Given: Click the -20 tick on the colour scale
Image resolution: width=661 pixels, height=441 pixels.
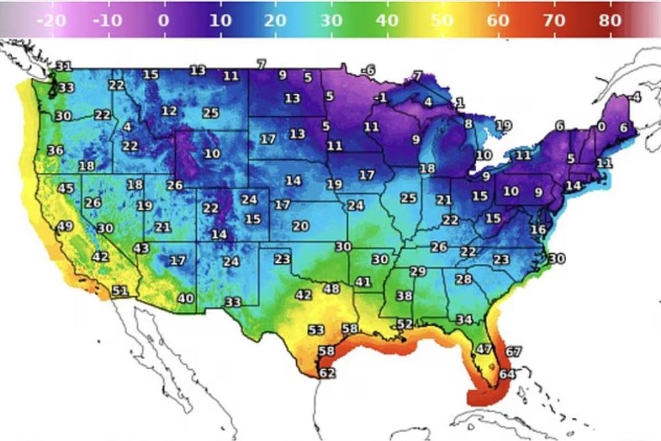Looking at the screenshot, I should pos(52,20).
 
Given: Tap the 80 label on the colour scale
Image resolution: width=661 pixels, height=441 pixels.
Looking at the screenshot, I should pos(609,20).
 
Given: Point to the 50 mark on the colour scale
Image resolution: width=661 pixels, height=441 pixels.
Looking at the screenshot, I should pos(442,20).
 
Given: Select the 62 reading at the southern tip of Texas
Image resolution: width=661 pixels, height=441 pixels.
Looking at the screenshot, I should pos(327,373).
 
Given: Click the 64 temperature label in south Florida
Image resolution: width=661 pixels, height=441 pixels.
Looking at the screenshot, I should pos(507,373).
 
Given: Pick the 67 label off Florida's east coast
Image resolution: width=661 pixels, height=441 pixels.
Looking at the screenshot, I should pos(513,352).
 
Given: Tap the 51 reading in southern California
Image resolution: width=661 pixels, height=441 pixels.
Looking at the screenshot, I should pos(120,291).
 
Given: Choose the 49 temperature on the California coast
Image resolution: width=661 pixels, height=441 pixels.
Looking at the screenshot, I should pos(65,226).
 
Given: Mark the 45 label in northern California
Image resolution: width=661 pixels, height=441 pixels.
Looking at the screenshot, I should pos(66,189).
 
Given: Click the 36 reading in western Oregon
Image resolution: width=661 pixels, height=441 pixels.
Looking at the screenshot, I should pos(56,150).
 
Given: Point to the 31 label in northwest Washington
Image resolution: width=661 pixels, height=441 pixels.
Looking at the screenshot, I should pos(63,66).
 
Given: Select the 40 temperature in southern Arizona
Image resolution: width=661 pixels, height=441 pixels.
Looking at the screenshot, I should pos(185,298).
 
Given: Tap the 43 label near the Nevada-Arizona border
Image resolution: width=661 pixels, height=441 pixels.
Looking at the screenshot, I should pos(141,249).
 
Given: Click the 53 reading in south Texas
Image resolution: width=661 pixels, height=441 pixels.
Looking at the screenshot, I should pos(316,330).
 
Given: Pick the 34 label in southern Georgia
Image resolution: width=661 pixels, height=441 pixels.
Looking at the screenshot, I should pos(464,319).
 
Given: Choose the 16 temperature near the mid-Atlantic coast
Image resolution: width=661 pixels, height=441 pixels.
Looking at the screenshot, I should pos(538,229).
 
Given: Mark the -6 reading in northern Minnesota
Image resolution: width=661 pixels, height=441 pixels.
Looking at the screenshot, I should pos(368,70).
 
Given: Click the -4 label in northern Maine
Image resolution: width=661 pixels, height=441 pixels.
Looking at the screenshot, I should pos(635,97).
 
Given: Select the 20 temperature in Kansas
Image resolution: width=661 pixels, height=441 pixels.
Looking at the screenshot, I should pos(300,226).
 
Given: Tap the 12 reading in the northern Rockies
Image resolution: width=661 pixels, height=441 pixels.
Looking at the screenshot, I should pos(169,111).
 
